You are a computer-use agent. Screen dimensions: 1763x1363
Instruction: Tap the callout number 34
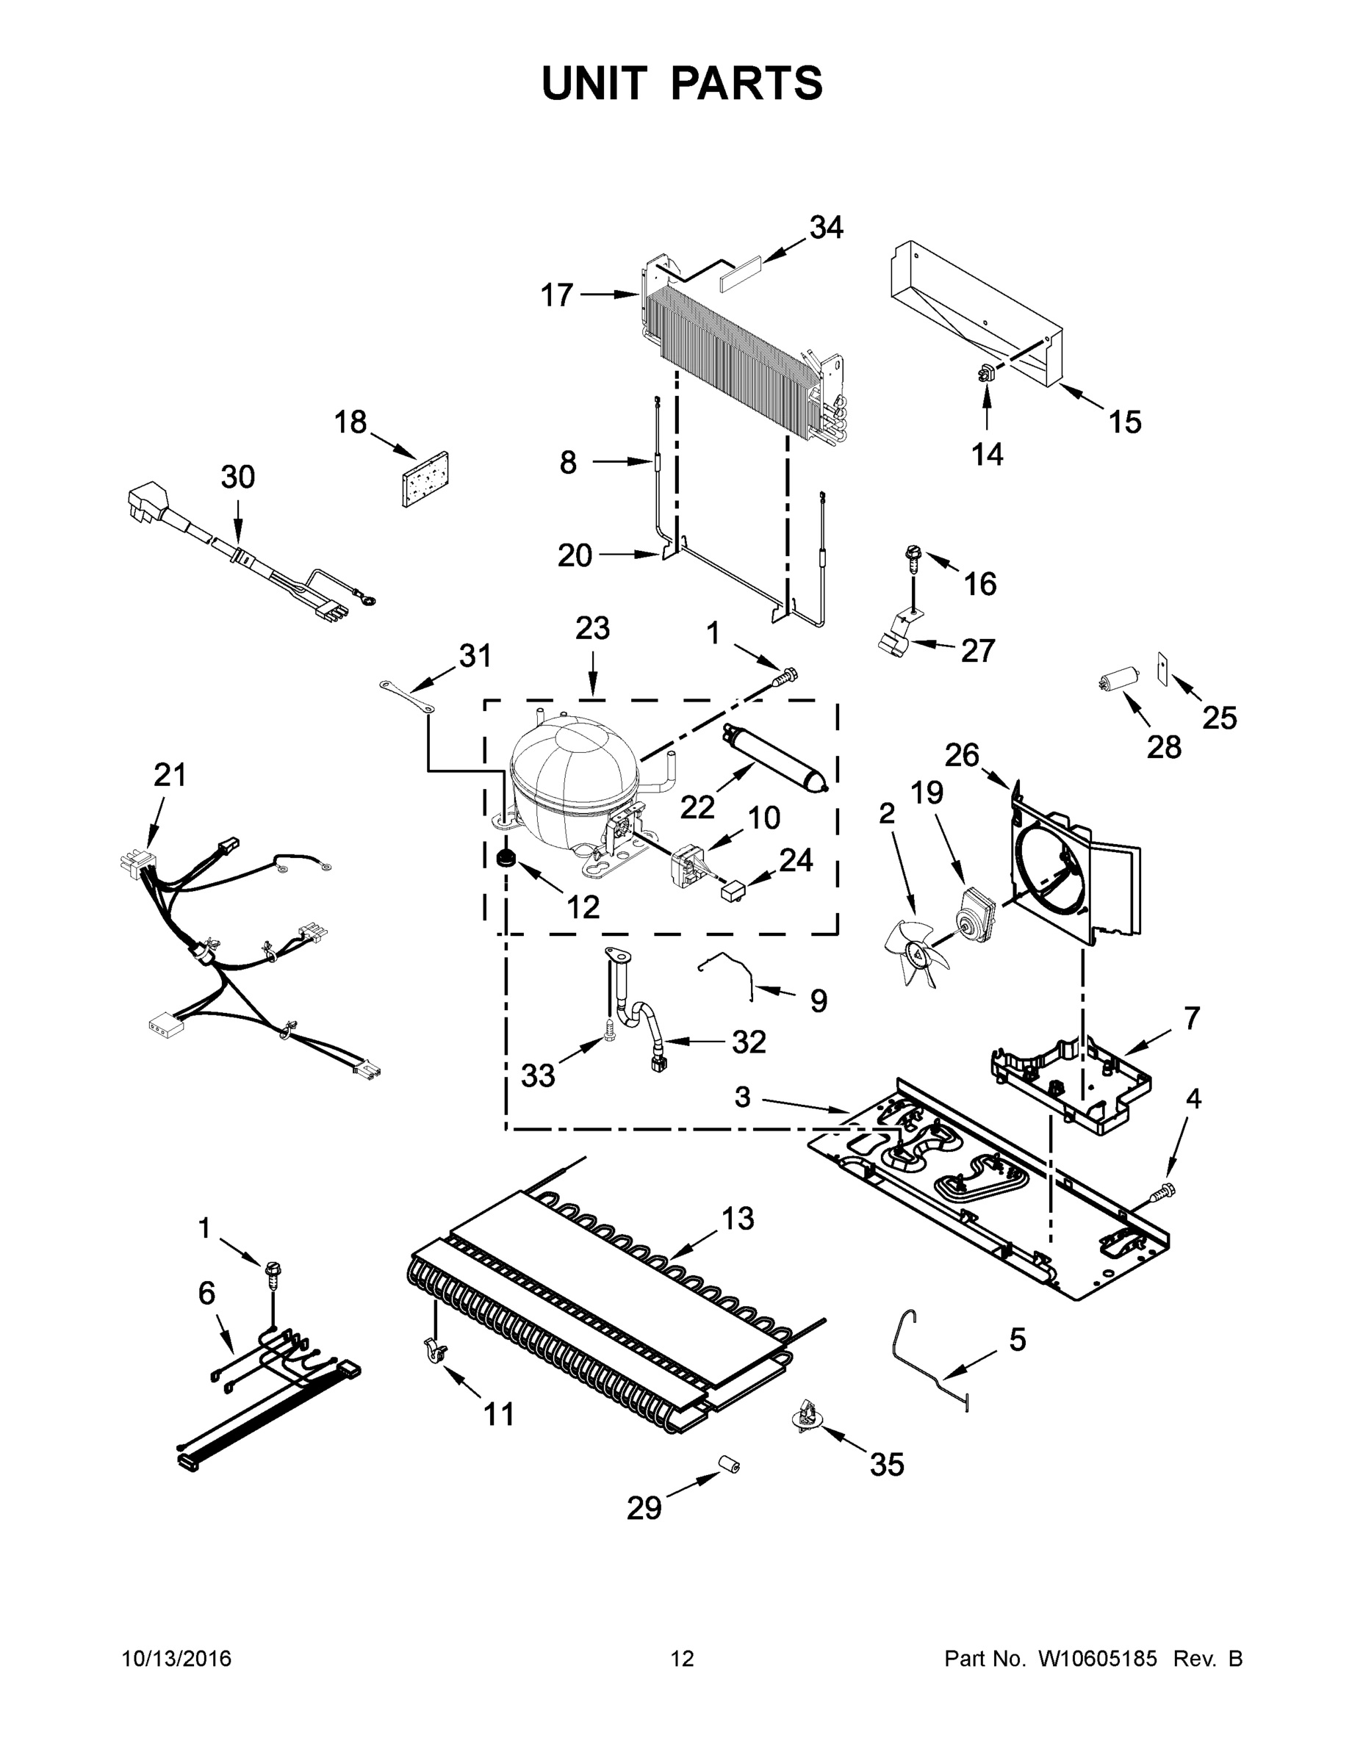click(x=826, y=228)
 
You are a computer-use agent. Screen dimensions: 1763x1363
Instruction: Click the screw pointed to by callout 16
click(x=913, y=558)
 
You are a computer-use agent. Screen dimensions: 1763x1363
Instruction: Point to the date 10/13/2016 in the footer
click(x=176, y=1658)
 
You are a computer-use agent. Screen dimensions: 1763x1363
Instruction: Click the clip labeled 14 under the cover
click(x=986, y=373)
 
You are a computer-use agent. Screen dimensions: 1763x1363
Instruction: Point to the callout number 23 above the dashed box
click(x=592, y=627)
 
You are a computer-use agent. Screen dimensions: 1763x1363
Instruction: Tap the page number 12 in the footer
click(x=683, y=1658)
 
